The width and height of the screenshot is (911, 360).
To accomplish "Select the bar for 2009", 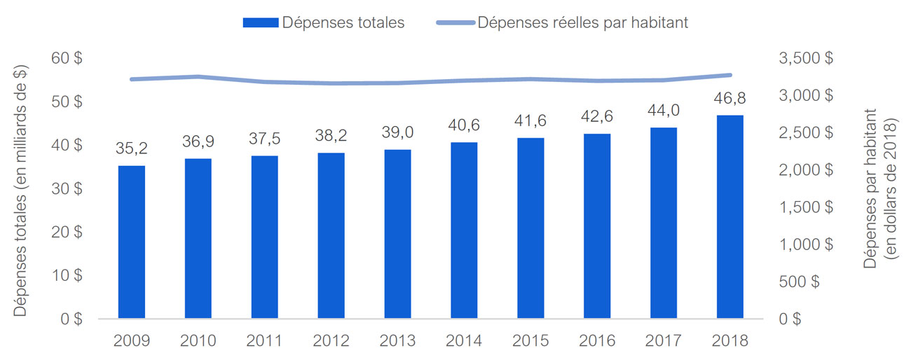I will [x=132, y=242].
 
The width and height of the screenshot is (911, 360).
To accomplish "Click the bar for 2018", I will [x=730, y=216].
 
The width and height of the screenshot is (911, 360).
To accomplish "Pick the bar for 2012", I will [x=331, y=235].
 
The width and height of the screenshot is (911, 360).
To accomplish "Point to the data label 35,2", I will [x=132, y=148].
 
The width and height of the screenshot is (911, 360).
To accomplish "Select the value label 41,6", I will [x=530, y=120].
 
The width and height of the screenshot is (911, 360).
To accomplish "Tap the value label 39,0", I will [x=397, y=132].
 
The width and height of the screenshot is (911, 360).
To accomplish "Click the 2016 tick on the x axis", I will [x=597, y=341].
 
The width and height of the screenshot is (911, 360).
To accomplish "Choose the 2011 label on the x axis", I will [x=265, y=341].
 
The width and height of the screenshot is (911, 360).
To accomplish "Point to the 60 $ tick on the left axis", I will [x=67, y=58].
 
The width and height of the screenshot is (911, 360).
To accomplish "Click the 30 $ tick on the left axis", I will [x=67, y=188].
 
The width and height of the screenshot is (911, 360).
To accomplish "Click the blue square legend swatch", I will [x=260, y=22].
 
